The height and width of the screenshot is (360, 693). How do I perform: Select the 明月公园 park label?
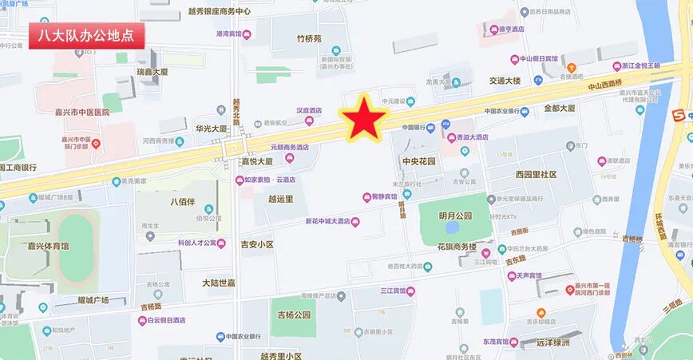point(455,216)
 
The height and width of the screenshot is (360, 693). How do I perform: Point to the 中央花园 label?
point(419,161)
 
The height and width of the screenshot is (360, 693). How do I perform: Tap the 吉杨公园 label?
point(290,315)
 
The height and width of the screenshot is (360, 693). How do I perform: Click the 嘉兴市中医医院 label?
point(73,113)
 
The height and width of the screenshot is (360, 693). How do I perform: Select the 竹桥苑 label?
point(309,38)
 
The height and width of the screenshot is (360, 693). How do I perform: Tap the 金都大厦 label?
point(560,108)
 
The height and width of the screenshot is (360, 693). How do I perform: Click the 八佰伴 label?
point(182,202)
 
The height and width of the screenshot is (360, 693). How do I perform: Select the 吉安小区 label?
point(257,244)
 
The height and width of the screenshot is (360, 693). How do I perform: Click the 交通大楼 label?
point(505,81)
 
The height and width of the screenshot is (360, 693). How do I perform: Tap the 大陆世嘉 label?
point(218,283)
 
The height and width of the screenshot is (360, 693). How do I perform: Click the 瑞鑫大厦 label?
point(152,72)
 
